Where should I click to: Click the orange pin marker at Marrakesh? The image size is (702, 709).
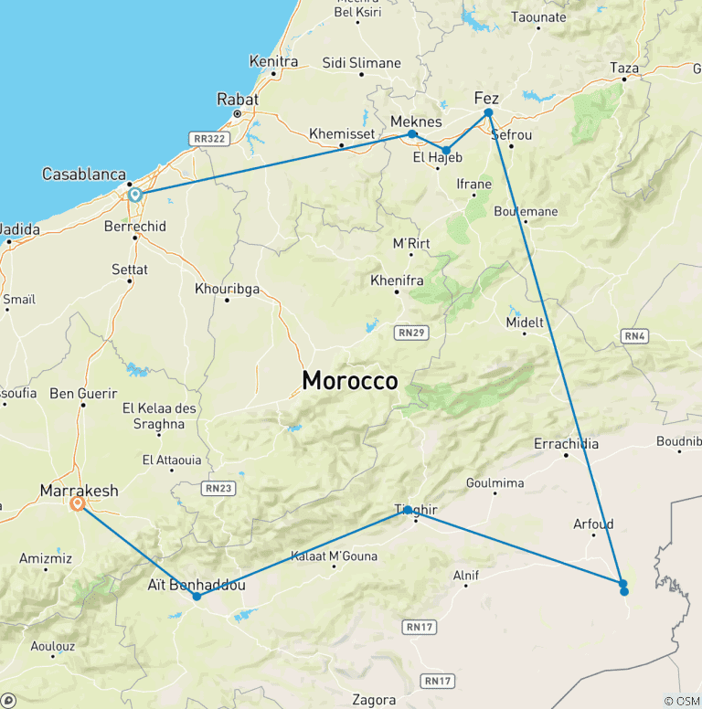(x=78, y=503)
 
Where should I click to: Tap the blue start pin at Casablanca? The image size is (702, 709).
(x=134, y=194)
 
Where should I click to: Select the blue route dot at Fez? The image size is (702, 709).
(x=488, y=112)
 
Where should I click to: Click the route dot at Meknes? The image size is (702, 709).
(x=412, y=134)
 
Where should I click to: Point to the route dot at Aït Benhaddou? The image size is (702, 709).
(x=197, y=597)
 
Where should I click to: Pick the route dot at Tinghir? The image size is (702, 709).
(x=409, y=510)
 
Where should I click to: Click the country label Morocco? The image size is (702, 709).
(x=350, y=381)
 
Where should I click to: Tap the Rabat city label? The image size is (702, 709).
(x=238, y=99)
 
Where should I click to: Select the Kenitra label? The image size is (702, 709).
(x=273, y=61)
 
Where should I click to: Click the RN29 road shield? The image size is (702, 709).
(x=410, y=333)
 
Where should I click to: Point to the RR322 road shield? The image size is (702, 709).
(x=209, y=138)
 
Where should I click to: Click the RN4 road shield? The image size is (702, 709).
(x=635, y=336)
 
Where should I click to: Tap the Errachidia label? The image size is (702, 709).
(x=567, y=444)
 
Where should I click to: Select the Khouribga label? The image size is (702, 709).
(x=228, y=289)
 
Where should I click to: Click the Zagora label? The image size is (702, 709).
(x=375, y=700)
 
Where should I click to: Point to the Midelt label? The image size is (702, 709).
(x=525, y=323)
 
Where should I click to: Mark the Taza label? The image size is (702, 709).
(x=624, y=68)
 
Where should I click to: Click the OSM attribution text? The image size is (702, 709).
(x=683, y=701)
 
